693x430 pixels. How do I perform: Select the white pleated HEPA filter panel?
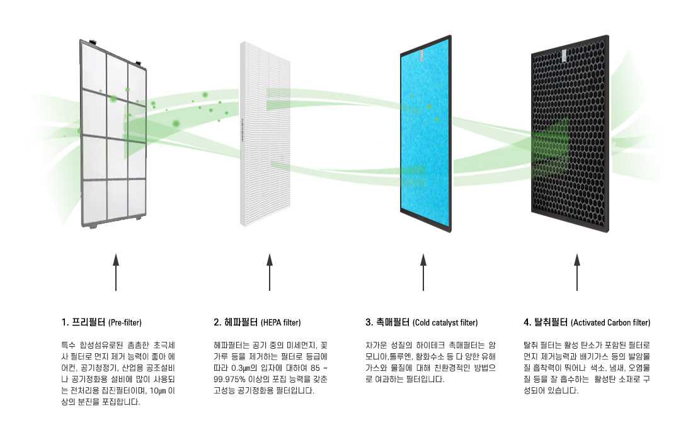click(x=265, y=133)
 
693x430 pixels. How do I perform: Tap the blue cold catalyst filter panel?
click(x=426, y=133)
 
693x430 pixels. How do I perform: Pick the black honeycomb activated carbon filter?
click(x=570, y=133)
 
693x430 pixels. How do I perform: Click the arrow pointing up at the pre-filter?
click(x=116, y=272)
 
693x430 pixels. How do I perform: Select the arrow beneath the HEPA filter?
click(x=270, y=272)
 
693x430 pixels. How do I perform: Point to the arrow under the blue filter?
click(x=423, y=272)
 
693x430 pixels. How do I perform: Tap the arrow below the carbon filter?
click(x=576, y=272)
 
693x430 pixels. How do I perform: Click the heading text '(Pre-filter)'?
click(x=125, y=323)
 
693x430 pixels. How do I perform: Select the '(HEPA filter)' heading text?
click(x=280, y=323)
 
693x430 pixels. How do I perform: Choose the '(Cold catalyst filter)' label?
click(x=445, y=323)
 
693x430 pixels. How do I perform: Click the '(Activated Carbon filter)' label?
click(x=611, y=323)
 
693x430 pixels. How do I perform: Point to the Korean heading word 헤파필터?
click(x=241, y=322)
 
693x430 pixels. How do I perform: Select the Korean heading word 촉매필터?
click(x=393, y=322)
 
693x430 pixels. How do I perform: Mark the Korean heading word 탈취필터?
click(x=551, y=322)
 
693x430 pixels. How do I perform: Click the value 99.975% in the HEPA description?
click(x=229, y=379)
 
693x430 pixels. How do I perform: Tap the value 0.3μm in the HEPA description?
click(x=244, y=368)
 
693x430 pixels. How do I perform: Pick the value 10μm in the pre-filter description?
click(x=157, y=391)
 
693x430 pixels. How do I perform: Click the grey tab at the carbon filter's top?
click(x=564, y=56)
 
